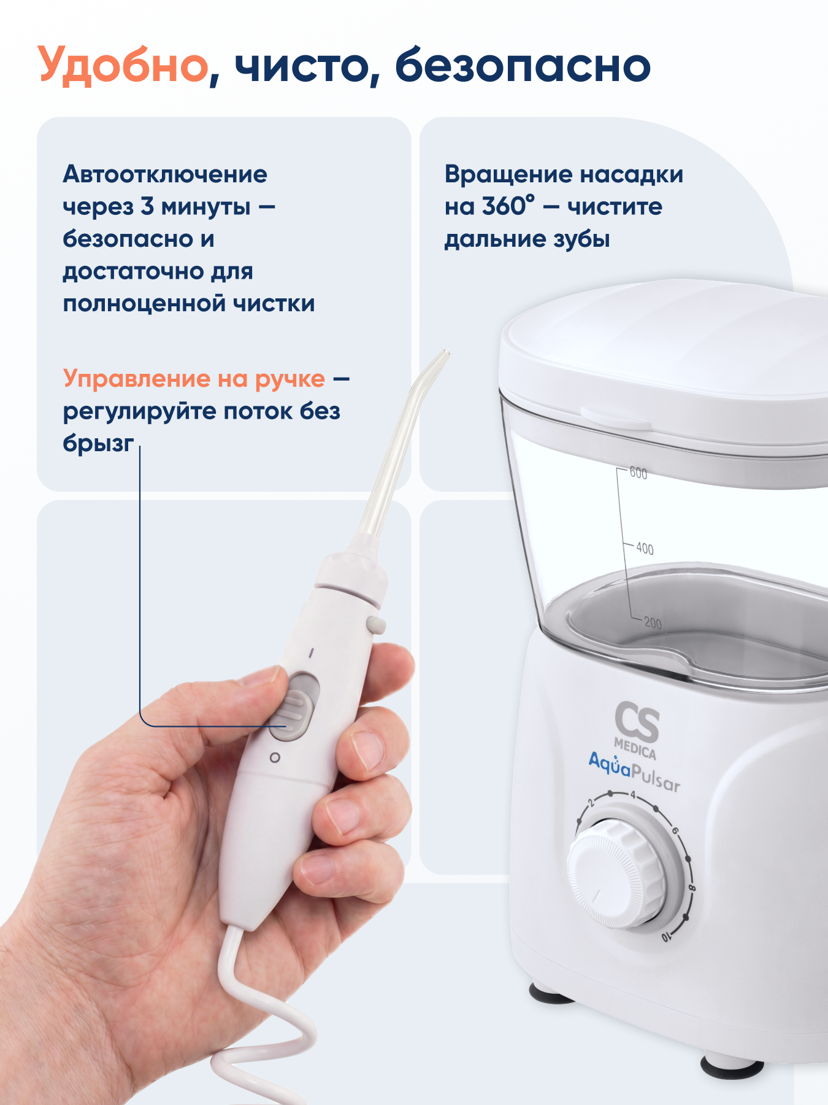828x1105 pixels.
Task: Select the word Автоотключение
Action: [165, 174]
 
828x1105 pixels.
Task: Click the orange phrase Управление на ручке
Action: [194, 379]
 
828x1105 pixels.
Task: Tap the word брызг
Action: [98, 443]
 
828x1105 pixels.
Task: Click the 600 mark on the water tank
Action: [638, 473]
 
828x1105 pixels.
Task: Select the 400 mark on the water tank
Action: [645, 548]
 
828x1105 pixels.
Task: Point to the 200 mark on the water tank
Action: [653, 623]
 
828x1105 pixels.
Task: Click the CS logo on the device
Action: [637, 723]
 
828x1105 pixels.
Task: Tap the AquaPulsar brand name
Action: [634, 770]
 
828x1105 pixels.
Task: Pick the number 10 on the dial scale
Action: [667, 937]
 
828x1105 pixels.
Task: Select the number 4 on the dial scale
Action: [634, 795]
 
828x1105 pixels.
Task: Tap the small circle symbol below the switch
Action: [275, 758]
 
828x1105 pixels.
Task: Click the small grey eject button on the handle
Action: [375, 625]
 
